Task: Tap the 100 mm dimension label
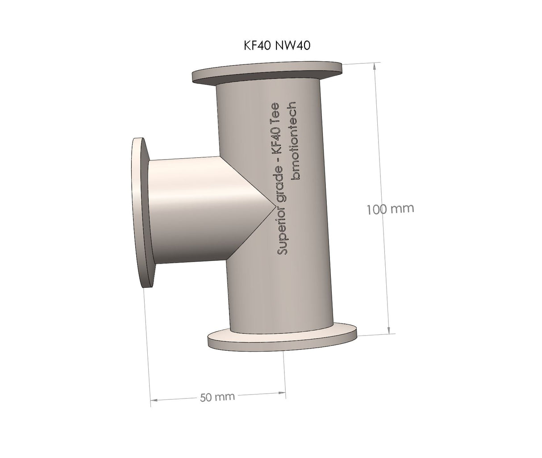(390, 209)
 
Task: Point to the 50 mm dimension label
(217, 397)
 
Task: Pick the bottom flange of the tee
(283, 339)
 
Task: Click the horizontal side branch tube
(192, 210)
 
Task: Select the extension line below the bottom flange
(285, 371)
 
